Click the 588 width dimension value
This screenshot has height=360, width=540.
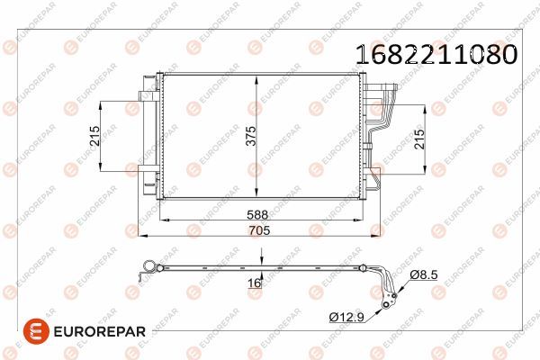259,215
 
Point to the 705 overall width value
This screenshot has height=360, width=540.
259,231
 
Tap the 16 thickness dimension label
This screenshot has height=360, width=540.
255,283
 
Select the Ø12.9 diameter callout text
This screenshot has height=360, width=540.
347,317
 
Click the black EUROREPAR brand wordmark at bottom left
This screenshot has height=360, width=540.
91,331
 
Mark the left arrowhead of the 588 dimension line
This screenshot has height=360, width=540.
163,220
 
